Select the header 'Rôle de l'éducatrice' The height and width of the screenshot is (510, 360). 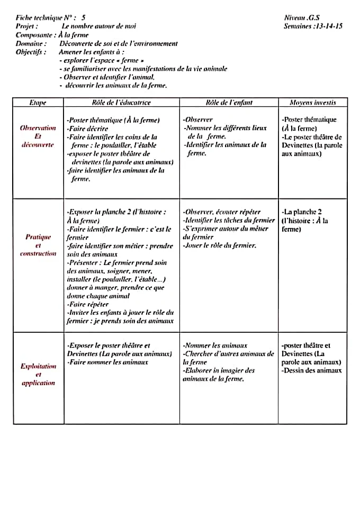[x=121, y=103]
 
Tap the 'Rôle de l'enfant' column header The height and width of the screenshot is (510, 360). [x=229, y=103]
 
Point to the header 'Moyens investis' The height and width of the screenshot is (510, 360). [x=312, y=103]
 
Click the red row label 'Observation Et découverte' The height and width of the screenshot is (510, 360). [x=38, y=136]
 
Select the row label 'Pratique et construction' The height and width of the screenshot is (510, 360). [x=38, y=245]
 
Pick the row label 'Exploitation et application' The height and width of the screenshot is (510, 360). [x=38, y=374]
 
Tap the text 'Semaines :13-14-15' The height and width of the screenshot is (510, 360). [x=313, y=25]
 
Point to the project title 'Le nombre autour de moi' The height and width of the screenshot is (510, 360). [x=99, y=25]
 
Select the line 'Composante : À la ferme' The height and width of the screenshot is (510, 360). [x=52, y=35]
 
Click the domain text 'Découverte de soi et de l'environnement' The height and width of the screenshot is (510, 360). [x=119, y=43]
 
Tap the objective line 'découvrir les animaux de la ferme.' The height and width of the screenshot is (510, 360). [x=116, y=85]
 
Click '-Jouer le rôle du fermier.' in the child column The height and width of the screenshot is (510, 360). [x=220, y=245]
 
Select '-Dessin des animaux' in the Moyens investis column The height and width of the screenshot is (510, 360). [x=312, y=370]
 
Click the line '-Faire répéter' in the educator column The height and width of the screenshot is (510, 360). [x=88, y=304]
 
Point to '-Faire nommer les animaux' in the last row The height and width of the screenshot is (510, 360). [x=107, y=362]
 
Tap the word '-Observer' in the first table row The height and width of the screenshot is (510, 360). [x=198, y=120]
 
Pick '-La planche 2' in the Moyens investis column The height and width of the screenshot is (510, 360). [x=302, y=212]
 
